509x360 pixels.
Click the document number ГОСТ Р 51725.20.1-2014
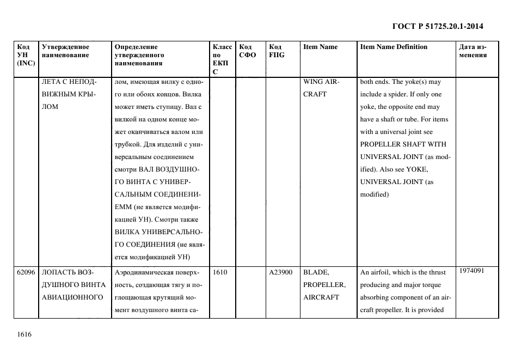pyautogui.click(x=438, y=26)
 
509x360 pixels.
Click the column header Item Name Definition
pyautogui.click(x=394, y=47)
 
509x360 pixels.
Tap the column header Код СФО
pyautogui.click(x=247, y=51)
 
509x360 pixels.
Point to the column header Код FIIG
pyautogui.click(x=277, y=51)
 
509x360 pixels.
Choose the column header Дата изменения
pyautogui.click(x=473, y=51)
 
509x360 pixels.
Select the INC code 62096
pyautogui.click(x=26, y=272)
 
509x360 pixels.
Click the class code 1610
pyautogui.click(x=220, y=272)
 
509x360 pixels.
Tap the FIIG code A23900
pyautogui.click(x=281, y=272)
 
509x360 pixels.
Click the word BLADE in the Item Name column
pyautogui.click(x=316, y=272)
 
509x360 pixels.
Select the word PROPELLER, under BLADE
pyautogui.click(x=324, y=285)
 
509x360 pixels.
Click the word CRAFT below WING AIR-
pyautogui.click(x=315, y=94)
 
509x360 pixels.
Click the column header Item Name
pyautogui.click(x=320, y=47)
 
